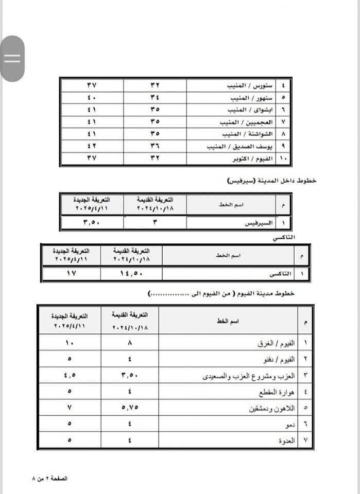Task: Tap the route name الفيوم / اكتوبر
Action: pyautogui.click(x=250, y=159)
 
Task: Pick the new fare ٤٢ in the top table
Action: pyautogui.click(x=92, y=147)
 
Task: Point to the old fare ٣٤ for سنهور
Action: pyautogui.click(x=155, y=97)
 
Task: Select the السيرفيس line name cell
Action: pyautogui.click(x=257, y=223)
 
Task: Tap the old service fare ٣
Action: pyautogui.click(x=155, y=223)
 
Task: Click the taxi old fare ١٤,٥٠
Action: pyautogui.click(x=132, y=274)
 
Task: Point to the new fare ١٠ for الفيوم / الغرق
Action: pyautogui.click(x=70, y=342)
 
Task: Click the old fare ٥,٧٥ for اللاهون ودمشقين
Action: pyautogui.click(x=130, y=409)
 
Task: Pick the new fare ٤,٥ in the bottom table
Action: pyautogui.click(x=70, y=376)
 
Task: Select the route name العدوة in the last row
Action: pyautogui.click(x=287, y=442)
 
